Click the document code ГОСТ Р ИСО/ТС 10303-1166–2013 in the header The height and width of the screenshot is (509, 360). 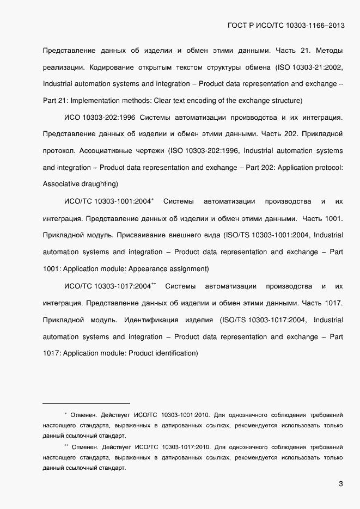point(284,26)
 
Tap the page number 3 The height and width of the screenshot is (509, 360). point(340,484)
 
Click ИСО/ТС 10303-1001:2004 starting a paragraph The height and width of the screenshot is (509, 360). point(107,202)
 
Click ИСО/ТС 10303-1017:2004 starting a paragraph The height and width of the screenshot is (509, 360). point(107,286)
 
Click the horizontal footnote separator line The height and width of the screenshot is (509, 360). point(86,403)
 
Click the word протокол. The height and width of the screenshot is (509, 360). point(60,150)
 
